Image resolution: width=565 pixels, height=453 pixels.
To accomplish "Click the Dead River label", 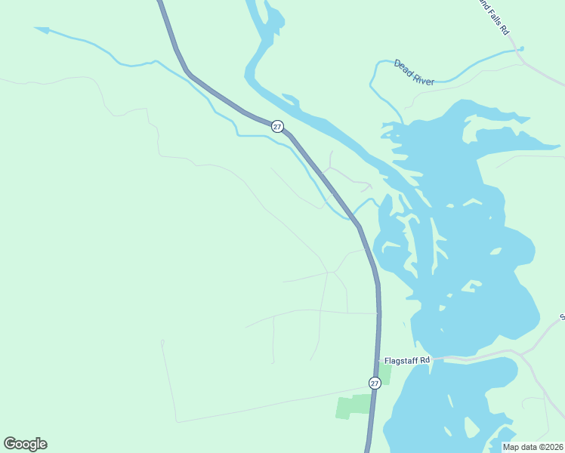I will [414, 72].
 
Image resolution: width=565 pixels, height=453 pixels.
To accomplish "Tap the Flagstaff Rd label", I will [406, 361].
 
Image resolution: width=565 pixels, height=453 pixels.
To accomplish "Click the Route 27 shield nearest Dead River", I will [278, 127].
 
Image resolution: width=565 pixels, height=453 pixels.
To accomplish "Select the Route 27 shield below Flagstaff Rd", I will [375, 384].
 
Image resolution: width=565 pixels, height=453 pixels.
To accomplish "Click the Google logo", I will [25, 444].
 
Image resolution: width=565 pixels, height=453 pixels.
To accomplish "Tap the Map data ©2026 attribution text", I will [533, 447].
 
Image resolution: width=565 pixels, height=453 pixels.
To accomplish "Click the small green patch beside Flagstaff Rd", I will [385, 373].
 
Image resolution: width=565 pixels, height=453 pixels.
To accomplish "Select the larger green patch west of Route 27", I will [354, 405].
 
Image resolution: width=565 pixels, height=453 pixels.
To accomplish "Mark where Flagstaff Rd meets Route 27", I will [379, 362].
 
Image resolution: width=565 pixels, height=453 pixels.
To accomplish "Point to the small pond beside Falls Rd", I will [520, 49].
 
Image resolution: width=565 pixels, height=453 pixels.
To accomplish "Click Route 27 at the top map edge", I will [160, 2].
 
